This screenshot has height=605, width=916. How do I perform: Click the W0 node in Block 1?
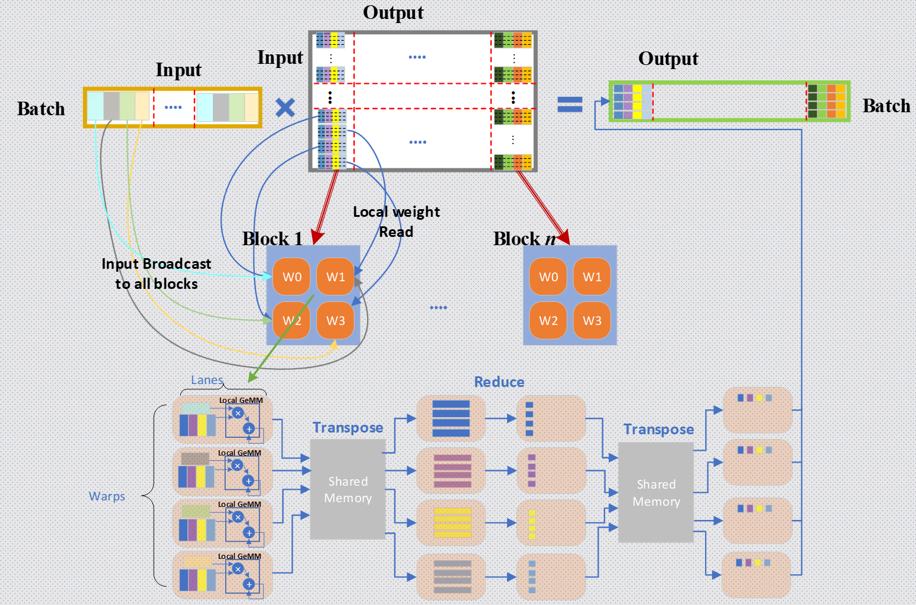coord(292,277)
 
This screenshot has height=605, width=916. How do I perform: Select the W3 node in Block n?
coord(592,320)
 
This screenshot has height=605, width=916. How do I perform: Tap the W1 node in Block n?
coord(592,277)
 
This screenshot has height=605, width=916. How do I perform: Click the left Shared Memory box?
coord(348,489)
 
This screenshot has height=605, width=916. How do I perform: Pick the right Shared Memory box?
coord(656,492)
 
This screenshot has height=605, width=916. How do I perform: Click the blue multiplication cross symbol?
coord(285,108)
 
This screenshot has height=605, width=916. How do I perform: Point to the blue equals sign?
coord(570,105)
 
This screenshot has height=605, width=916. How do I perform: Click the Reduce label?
coord(499,382)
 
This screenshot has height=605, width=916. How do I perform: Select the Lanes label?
coord(207,380)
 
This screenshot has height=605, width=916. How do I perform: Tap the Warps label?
coord(107,496)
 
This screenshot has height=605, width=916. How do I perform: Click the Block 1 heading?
coord(272,239)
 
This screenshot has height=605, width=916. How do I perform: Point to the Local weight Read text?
coord(396,222)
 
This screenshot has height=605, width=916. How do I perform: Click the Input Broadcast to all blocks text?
coord(156,274)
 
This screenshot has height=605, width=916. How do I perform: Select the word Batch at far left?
coord(41,109)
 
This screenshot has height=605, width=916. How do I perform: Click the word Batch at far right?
coord(886,106)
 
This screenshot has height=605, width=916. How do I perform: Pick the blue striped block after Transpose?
coord(451,418)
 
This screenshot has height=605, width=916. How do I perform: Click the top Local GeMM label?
coord(241,401)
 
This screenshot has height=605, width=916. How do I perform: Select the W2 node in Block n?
coord(548,320)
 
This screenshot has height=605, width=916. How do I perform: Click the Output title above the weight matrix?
coord(393,12)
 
